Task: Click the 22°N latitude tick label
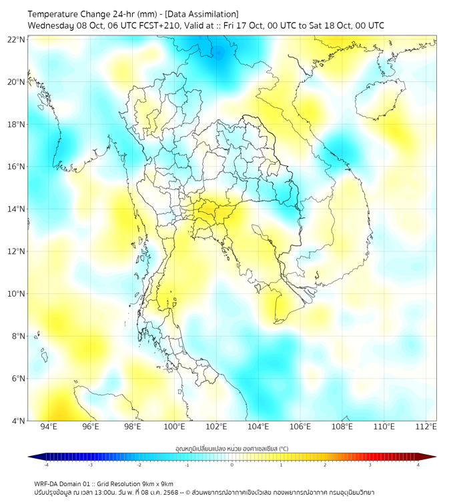click(x=16, y=39)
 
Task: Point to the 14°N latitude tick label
click(x=16, y=209)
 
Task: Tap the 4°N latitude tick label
click(x=18, y=421)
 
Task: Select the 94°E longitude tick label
click(x=49, y=427)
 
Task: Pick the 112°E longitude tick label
click(x=426, y=427)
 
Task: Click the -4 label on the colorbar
click(x=45, y=465)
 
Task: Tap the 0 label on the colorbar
click(x=232, y=465)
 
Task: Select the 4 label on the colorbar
click(x=418, y=465)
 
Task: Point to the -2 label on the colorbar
click(x=138, y=465)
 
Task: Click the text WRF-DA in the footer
click(x=47, y=483)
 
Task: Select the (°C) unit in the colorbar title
click(x=282, y=448)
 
